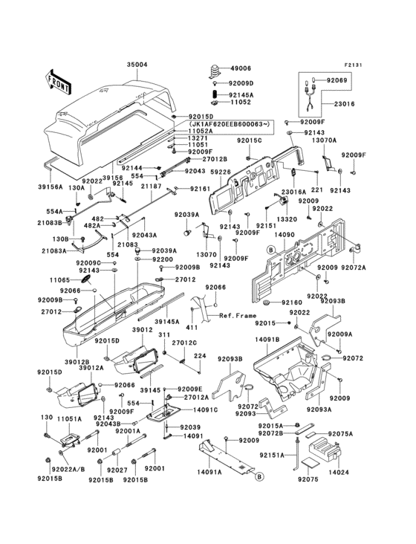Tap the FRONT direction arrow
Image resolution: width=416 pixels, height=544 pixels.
[x=59, y=80]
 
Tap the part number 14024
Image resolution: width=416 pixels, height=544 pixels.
[x=338, y=471]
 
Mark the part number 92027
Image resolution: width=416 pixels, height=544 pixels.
[x=117, y=470]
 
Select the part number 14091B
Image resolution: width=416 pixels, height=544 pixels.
[x=267, y=340]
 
